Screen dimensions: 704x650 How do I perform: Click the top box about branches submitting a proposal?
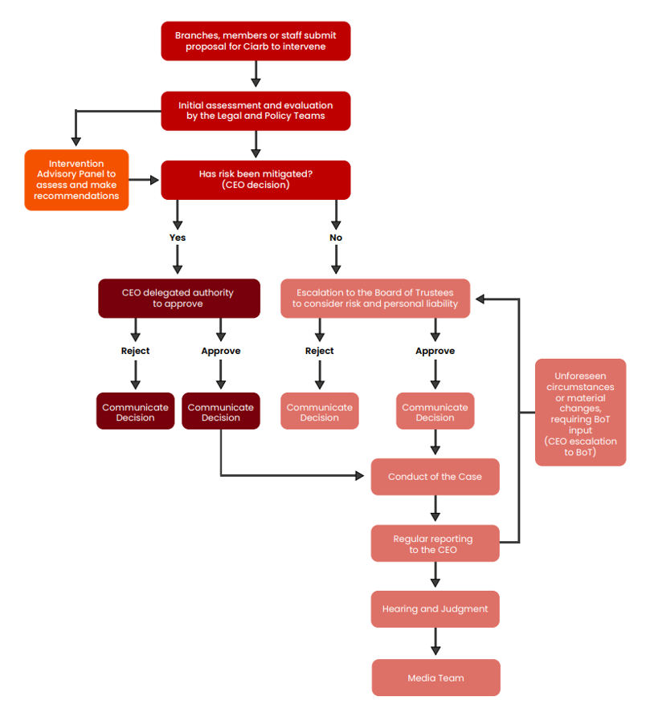coord(256,41)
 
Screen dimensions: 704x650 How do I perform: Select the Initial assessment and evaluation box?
coord(256,111)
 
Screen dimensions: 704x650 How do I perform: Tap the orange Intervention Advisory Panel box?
coord(76,180)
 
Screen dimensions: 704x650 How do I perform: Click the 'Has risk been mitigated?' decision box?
coord(256,180)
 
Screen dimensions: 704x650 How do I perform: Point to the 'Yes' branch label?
coord(178,238)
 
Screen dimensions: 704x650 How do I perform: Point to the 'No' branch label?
coord(336,238)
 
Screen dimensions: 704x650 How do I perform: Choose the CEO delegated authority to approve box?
coord(178,299)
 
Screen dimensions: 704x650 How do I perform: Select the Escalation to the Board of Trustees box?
coord(375,299)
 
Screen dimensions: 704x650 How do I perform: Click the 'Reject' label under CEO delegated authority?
coord(135,351)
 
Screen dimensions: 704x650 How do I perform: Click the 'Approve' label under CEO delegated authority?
coord(221,351)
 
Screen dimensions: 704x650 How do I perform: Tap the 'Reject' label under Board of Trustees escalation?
coord(320,351)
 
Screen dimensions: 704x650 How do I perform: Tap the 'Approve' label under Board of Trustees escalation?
coord(435,351)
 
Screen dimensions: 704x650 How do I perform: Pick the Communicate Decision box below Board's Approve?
coord(435,412)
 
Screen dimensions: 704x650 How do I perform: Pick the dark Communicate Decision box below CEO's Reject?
coord(135,412)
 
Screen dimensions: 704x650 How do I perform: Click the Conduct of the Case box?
coord(435,477)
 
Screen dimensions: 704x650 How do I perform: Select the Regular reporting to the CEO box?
coord(435,543)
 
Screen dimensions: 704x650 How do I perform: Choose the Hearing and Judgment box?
coord(435,609)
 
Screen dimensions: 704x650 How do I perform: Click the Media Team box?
coord(435,678)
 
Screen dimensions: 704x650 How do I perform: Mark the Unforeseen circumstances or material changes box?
coord(580,413)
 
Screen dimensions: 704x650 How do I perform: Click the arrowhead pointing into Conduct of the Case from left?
coord(359,476)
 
